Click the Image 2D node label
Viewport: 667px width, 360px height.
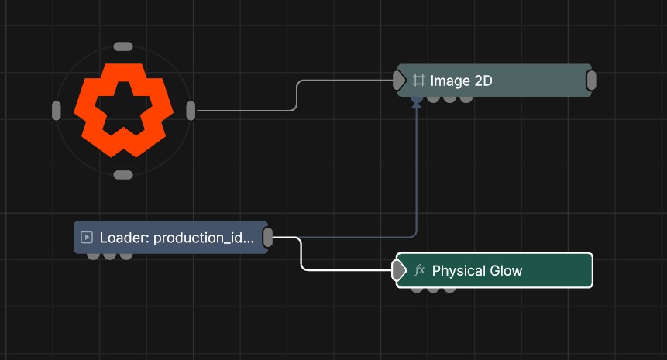click(x=461, y=81)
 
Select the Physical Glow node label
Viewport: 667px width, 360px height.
click(x=477, y=271)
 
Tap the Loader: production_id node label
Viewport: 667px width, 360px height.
click(x=177, y=238)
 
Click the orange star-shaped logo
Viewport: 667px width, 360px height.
click(x=123, y=111)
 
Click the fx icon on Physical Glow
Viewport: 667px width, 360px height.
click(x=419, y=270)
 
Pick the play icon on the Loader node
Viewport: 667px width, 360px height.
click(x=87, y=237)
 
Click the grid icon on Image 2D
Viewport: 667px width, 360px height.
click(x=419, y=81)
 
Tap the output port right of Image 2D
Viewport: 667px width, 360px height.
click(x=591, y=81)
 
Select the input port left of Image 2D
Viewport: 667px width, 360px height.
click(x=399, y=81)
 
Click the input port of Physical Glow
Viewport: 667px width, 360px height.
click(x=399, y=270)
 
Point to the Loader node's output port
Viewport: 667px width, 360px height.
click(x=267, y=237)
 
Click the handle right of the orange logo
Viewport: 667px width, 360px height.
click(x=191, y=111)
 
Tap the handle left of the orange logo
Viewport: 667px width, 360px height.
click(x=56, y=111)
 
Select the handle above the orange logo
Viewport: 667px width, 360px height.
click(x=123, y=46)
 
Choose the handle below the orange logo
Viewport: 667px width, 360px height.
click(x=123, y=175)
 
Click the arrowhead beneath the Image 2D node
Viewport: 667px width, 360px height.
click(x=417, y=102)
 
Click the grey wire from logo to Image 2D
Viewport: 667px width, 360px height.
click(x=296, y=96)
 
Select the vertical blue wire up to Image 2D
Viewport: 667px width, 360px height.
click(x=417, y=170)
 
